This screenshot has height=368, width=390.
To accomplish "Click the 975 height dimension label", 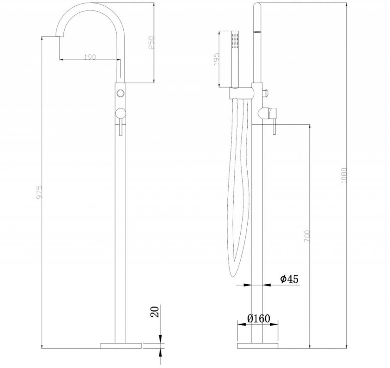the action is [39, 192].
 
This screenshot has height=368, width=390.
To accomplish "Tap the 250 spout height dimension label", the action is [151, 43].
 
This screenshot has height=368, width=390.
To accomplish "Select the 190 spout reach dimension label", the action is [90, 57].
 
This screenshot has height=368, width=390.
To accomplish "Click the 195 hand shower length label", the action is [217, 59].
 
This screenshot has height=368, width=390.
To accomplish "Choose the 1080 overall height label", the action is [344, 175].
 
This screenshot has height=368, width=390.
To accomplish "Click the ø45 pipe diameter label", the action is [289, 279].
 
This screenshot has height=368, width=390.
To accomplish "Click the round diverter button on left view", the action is [120, 93].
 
